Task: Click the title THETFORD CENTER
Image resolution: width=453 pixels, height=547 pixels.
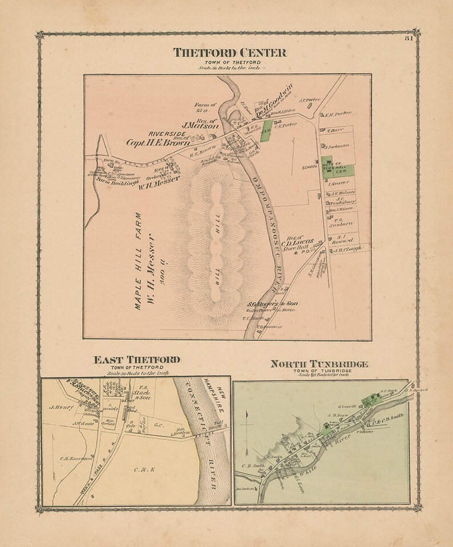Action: [230, 53]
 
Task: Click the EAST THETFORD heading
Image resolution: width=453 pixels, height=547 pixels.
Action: [137, 360]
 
